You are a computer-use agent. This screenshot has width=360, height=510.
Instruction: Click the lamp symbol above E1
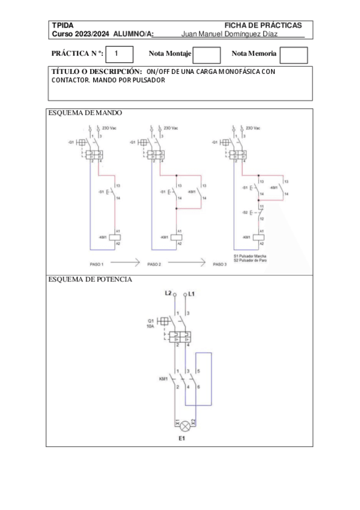[x=186, y=426]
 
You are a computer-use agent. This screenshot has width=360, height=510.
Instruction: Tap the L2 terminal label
[x=168, y=293]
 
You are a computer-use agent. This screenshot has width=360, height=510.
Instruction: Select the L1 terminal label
[x=192, y=293]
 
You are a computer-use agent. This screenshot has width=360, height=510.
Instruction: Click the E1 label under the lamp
[x=182, y=440]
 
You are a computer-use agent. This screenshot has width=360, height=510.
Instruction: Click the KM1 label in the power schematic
[x=163, y=379]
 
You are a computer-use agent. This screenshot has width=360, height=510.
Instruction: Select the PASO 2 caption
[x=154, y=264]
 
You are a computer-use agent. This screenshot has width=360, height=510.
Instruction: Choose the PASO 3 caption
[x=221, y=264]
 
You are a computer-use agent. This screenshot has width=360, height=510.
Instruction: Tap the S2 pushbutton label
[x=245, y=213]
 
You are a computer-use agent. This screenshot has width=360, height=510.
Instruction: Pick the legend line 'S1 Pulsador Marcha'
[x=249, y=256]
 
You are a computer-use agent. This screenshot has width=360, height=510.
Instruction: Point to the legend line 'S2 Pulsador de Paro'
[x=250, y=260]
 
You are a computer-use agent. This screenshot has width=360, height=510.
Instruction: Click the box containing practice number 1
[x=115, y=54]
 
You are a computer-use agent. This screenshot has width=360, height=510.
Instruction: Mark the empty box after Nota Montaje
[x=207, y=55]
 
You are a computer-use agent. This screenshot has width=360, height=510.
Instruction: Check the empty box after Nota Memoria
[x=294, y=55]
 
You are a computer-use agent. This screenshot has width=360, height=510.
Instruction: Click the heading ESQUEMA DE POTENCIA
[x=90, y=280]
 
